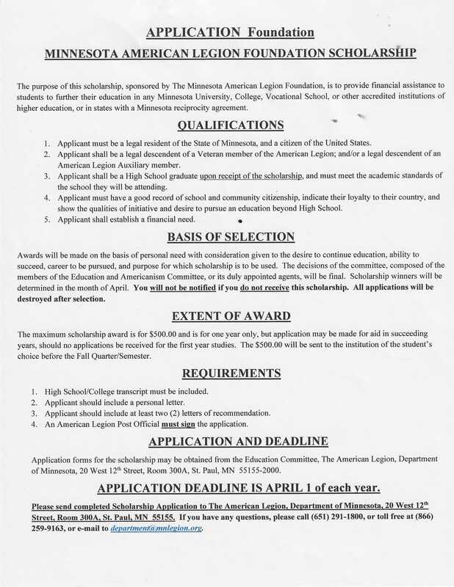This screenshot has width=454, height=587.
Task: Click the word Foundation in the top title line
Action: (280, 33)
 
